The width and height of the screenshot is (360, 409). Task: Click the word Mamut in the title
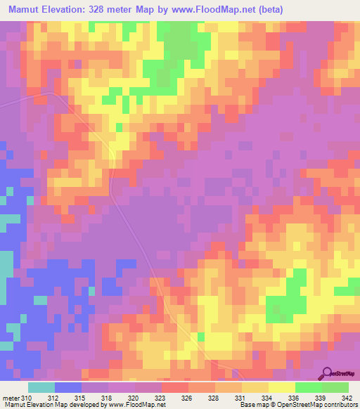[22, 9]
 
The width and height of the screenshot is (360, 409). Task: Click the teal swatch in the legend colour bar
[41, 387]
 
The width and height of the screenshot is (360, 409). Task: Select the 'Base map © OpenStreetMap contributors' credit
[297, 405]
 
